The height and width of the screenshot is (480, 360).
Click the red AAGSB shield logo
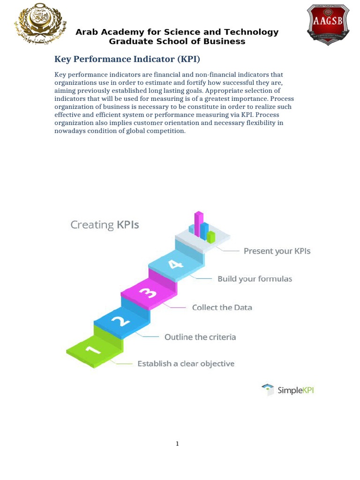click(x=328, y=24)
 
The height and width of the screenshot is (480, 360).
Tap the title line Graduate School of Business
click(x=177, y=41)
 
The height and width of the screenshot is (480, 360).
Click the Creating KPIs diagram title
click(x=105, y=225)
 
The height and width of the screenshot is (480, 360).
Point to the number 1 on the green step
click(x=92, y=349)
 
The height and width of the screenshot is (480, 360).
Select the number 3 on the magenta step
click(x=148, y=293)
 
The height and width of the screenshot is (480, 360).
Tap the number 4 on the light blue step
click(x=175, y=265)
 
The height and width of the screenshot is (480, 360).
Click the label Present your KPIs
click(x=277, y=251)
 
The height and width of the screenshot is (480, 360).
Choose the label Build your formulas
click(x=255, y=279)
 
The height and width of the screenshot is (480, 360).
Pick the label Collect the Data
click(x=222, y=308)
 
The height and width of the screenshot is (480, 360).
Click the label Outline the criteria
click(x=200, y=337)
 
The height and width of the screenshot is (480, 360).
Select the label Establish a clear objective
click(x=186, y=364)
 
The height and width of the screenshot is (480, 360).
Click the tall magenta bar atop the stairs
click(x=199, y=224)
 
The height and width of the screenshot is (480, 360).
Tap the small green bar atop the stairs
click(x=211, y=237)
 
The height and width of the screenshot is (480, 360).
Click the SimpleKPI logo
click(x=288, y=390)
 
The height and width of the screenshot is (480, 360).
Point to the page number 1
click(x=177, y=443)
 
